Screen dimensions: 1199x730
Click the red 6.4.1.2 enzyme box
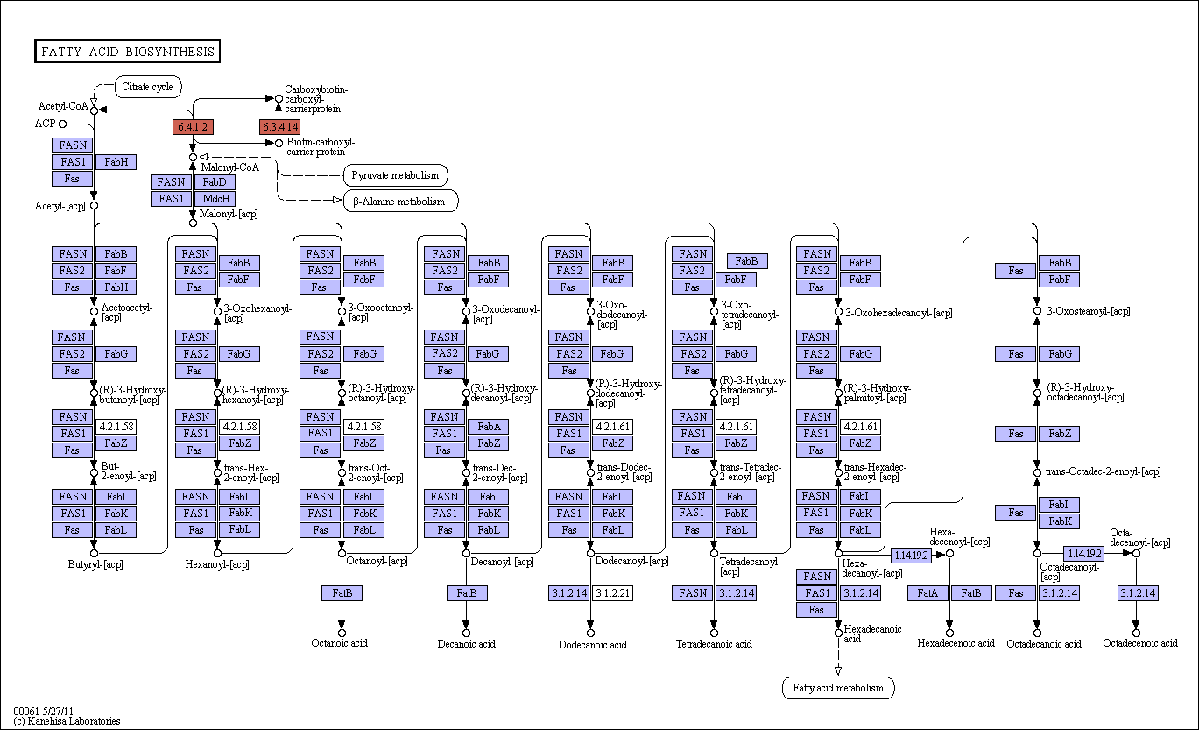(x=193, y=127)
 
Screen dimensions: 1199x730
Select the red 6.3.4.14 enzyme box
(x=279, y=127)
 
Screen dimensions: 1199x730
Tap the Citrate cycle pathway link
(x=148, y=87)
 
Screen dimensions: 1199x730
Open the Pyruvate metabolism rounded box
(x=396, y=175)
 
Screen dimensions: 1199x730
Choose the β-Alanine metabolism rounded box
(x=400, y=202)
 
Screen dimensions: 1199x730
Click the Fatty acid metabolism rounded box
(x=838, y=688)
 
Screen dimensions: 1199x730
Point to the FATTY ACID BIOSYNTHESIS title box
(x=127, y=52)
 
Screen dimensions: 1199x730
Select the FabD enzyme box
(x=215, y=182)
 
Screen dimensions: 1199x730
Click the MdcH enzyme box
(x=215, y=199)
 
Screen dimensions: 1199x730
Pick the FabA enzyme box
(x=488, y=427)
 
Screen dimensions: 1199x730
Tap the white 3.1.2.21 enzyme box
(x=613, y=593)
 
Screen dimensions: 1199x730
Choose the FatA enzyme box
(x=927, y=593)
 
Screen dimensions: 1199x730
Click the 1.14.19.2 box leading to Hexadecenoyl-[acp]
(x=911, y=555)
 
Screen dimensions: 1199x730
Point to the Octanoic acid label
(x=339, y=643)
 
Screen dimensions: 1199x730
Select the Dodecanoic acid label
(x=593, y=645)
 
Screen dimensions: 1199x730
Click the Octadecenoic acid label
(x=1140, y=643)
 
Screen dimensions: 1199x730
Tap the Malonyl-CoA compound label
(x=230, y=167)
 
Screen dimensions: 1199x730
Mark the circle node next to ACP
(x=63, y=124)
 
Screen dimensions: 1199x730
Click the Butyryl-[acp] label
(x=95, y=564)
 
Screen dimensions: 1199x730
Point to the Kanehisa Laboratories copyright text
(x=67, y=721)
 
